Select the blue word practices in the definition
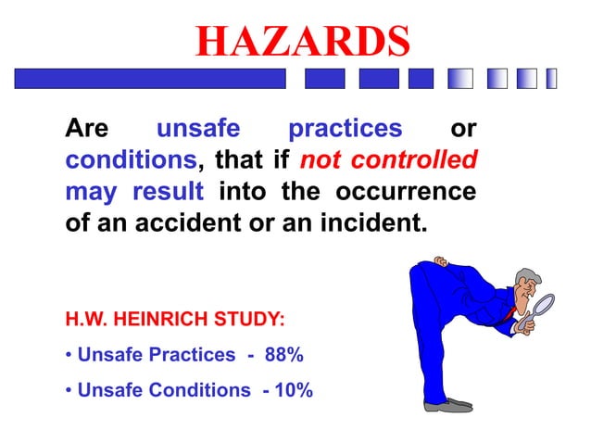click(346, 128)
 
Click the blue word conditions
click(131, 160)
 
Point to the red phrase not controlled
click(389, 160)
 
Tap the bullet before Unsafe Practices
click(69, 355)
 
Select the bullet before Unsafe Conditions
click(69, 390)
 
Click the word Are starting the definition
click(87, 128)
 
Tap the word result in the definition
click(168, 192)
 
